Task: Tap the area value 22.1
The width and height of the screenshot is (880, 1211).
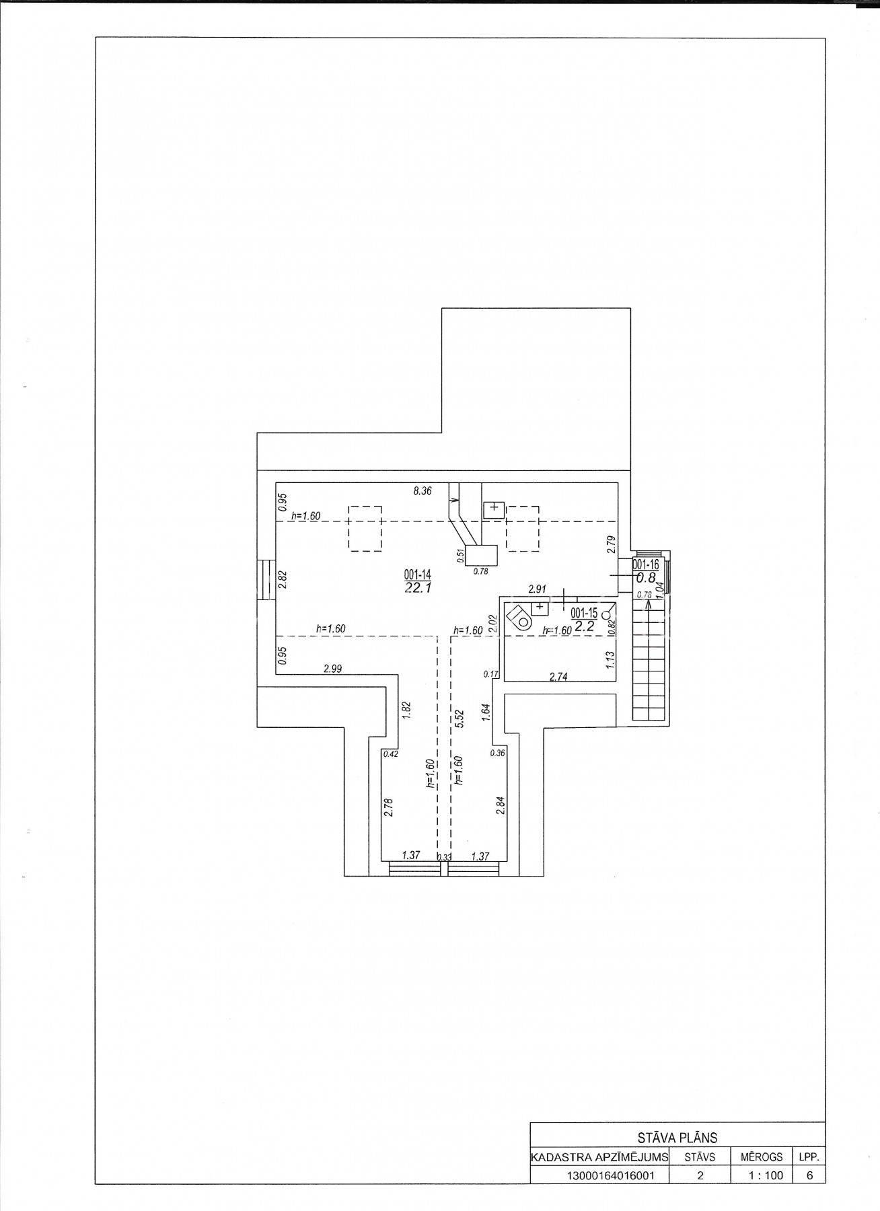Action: click(417, 588)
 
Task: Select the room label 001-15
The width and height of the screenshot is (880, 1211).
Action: click(583, 613)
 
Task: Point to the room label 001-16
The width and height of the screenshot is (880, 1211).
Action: click(646, 565)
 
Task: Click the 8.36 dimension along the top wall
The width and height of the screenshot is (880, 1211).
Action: click(422, 491)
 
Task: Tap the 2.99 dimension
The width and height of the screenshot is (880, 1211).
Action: click(333, 669)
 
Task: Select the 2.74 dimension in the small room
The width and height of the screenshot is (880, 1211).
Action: click(558, 677)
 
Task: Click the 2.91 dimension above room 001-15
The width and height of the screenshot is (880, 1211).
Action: click(537, 589)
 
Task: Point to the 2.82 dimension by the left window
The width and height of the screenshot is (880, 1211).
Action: click(283, 581)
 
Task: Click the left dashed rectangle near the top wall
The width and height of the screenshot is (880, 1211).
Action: click(365, 529)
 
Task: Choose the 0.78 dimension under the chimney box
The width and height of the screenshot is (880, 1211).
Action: click(480, 572)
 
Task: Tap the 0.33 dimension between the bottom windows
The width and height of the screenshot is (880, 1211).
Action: click(443, 857)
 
